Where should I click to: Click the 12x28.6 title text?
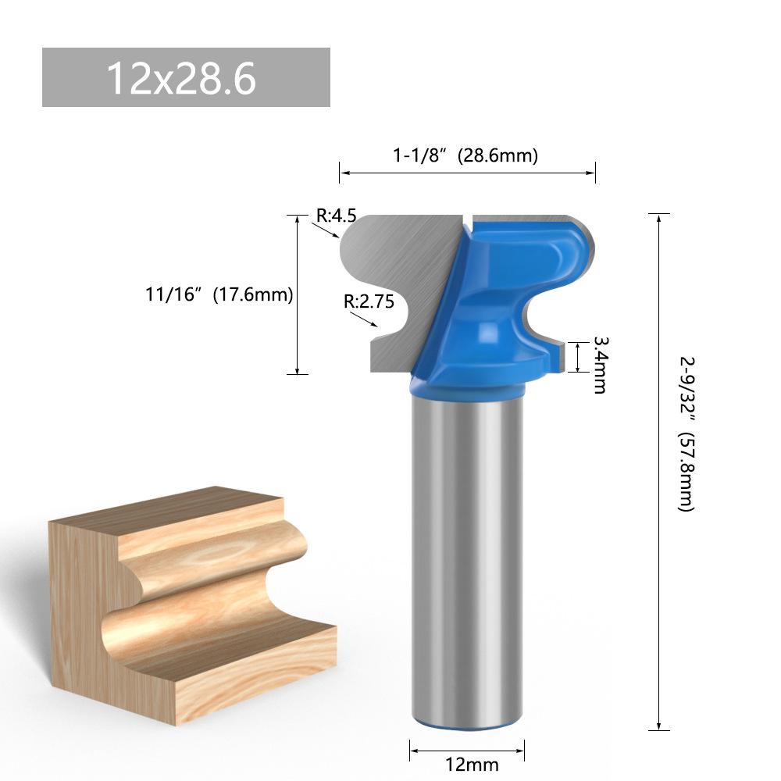tap(181, 78)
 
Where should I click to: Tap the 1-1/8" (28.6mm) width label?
tap(465, 155)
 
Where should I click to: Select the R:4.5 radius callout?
tap(337, 216)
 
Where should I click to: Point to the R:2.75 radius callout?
tap(369, 301)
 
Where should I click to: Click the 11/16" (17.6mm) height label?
tap(219, 294)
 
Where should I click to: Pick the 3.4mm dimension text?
tap(600, 365)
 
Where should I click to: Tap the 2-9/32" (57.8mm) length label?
tap(686, 433)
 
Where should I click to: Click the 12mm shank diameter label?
tap(471, 764)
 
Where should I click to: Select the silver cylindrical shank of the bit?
tap(467, 558)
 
